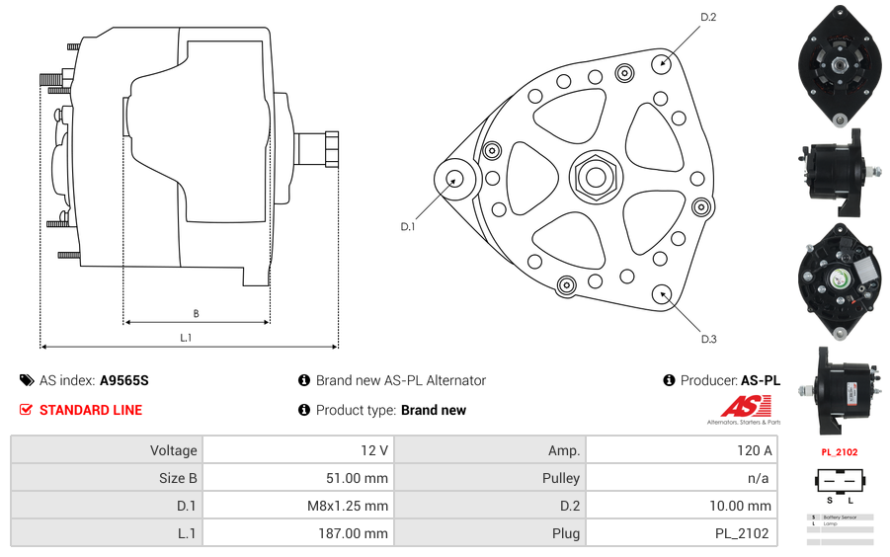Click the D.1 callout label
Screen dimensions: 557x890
point(408,227)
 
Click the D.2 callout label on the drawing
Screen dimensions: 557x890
point(708,17)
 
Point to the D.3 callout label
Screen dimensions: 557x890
point(708,339)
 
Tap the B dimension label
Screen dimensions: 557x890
point(196,314)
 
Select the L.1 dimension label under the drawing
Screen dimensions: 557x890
point(186,338)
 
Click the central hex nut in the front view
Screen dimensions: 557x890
point(595,177)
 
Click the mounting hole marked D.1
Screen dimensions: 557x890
point(455,179)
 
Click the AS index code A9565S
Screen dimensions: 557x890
point(123,380)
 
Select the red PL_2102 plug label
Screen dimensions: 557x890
point(840,452)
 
